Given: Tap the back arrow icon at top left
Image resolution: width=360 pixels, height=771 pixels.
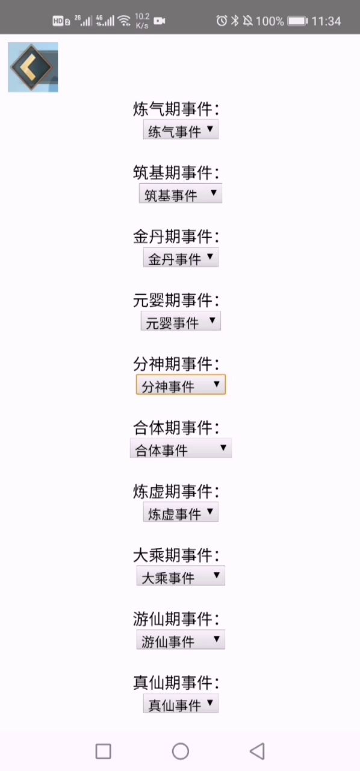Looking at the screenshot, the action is pos(33,67).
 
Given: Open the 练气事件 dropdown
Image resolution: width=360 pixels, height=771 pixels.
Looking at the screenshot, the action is pos(181,130).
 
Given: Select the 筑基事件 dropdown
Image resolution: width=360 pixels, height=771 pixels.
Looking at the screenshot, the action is pos(181,193).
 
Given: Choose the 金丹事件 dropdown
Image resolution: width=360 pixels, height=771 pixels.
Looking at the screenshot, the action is pos(181,257).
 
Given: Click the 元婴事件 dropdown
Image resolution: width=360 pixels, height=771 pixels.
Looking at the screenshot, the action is pos(181,321).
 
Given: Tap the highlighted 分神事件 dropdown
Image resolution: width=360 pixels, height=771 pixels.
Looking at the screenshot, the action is pos(181,384).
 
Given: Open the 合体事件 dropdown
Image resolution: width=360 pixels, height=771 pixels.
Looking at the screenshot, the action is pos(181,448).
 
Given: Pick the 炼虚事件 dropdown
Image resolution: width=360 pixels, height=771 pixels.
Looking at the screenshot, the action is pos(181,512).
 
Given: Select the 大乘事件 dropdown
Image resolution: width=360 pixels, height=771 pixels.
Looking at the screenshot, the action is pos(181,576).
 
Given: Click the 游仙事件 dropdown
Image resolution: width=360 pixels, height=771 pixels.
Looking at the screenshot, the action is pos(181,640).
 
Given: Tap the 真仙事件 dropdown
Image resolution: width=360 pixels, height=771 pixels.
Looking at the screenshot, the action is pos(181,703).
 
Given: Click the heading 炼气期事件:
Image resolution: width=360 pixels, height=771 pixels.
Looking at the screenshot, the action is pos(176,109).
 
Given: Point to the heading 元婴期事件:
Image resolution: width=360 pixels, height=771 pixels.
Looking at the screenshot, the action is pos(176,300).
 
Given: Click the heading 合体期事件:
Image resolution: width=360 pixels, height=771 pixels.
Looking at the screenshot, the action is pos(176,428).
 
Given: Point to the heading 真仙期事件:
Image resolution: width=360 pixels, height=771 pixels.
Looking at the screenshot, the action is pos(176,682).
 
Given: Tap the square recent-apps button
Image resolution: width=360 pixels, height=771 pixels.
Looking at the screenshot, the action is pos(104,751).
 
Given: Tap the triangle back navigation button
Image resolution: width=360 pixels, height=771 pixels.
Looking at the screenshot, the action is pos(258,751).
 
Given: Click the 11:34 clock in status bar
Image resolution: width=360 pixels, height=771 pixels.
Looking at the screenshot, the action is pos(326,21).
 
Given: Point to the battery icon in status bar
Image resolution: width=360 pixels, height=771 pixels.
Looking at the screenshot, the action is pos(298,21).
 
